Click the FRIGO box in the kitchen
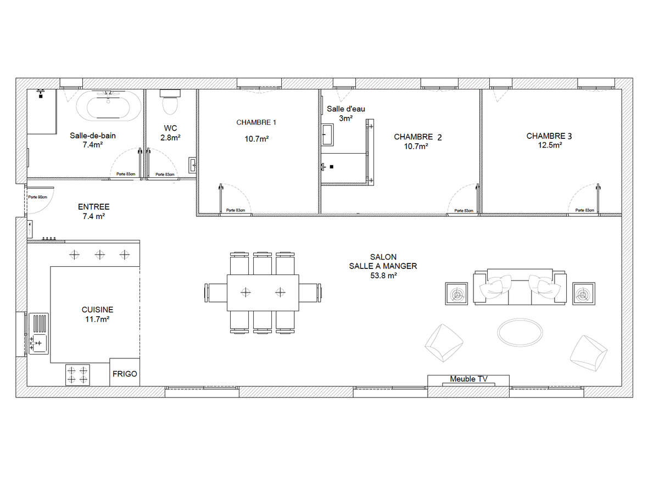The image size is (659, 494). click(125, 372)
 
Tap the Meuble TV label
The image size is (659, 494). click(468, 379)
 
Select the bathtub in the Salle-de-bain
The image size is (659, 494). click(108, 105)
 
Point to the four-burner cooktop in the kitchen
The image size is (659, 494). click(77, 375)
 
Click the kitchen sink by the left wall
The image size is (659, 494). click(39, 333)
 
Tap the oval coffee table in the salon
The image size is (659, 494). click(520, 333)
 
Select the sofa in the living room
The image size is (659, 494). click(520, 287)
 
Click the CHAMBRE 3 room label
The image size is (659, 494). click(549, 136)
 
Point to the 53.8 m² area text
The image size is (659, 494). click(383, 276)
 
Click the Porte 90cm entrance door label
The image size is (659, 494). click(38, 197)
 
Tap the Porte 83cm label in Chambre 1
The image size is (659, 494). click(236, 210)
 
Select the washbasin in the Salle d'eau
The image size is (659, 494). click(327, 134)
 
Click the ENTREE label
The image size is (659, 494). click(94, 207)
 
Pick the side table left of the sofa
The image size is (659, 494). click(456, 294)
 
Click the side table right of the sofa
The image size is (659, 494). click(584, 294)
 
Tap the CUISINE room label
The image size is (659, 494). click(97, 310)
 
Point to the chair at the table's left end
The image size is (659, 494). click(216, 293)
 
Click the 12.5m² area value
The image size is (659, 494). click(550, 145)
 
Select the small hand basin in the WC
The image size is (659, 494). click(192, 165)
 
